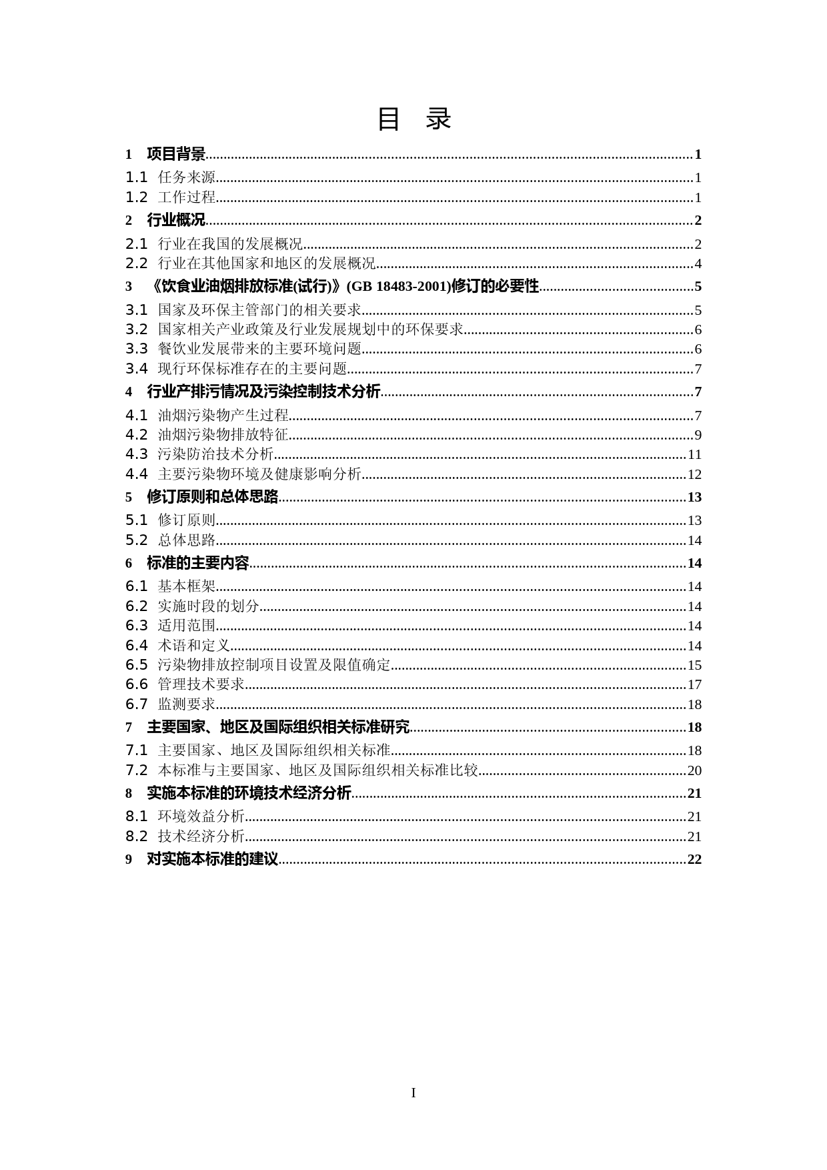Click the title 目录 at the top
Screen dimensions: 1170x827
click(414, 119)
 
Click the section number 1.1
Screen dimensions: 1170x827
click(136, 177)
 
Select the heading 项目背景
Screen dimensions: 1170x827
click(176, 155)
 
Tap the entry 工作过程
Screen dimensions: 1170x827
click(187, 197)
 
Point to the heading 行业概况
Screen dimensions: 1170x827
click(176, 221)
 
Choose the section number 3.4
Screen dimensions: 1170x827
click(136, 369)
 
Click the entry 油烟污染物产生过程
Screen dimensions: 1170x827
click(223, 416)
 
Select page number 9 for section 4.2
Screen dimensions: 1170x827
click(698, 436)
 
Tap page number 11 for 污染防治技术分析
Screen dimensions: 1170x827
click(694, 455)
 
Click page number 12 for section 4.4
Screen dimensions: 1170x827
click(694, 475)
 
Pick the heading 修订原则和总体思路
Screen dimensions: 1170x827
click(212, 497)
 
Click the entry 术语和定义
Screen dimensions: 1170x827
click(194, 646)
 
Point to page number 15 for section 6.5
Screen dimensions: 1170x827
click(694, 666)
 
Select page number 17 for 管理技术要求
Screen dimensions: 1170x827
click(694, 685)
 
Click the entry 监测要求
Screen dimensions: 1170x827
click(187, 704)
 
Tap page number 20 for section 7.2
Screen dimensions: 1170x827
click(694, 771)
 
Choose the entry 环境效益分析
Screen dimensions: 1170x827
click(201, 816)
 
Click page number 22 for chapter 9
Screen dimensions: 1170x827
click(694, 859)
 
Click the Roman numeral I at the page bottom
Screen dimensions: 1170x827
click(414, 1093)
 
